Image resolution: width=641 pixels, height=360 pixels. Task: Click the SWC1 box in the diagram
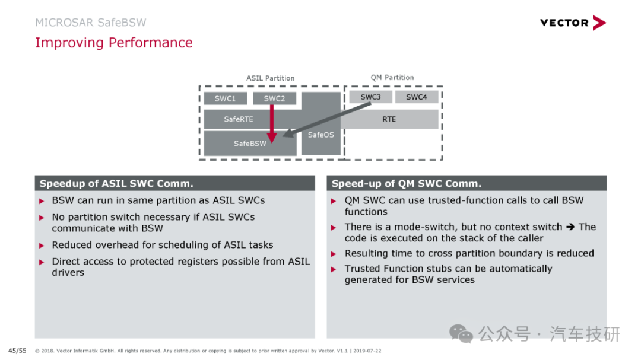(x=226, y=98)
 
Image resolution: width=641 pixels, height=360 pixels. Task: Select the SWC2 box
(x=274, y=98)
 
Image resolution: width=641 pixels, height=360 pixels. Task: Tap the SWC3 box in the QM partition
(x=370, y=97)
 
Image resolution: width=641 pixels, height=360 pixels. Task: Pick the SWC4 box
(x=416, y=97)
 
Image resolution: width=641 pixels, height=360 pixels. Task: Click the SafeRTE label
(x=239, y=119)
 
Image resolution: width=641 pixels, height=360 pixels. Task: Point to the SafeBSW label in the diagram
(x=250, y=144)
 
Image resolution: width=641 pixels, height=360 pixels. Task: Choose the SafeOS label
(x=321, y=135)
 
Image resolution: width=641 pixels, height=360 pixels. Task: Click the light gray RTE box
(x=389, y=119)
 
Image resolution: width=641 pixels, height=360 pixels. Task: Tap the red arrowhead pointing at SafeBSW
(x=272, y=138)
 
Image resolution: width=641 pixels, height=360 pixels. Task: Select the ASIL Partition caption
(x=270, y=78)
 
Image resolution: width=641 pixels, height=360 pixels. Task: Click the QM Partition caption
(x=392, y=78)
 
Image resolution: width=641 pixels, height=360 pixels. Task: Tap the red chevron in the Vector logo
(x=599, y=23)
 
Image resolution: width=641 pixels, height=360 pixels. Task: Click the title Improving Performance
(x=113, y=43)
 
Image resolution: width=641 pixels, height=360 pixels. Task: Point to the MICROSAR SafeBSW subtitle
(x=90, y=23)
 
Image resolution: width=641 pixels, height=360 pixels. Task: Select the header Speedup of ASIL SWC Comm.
(x=116, y=183)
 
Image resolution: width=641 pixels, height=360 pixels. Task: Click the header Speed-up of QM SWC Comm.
(x=407, y=183)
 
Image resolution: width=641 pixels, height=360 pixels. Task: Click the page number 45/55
(x=17, y=351)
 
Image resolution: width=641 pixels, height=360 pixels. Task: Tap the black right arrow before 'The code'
(x=570, y=227)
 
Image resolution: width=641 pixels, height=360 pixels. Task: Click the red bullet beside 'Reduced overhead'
(x=42, y=246)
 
